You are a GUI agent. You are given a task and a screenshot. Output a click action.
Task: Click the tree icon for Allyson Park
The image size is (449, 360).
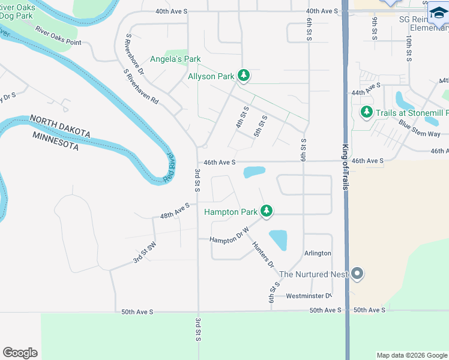pyautogui.click(x=243, y=76)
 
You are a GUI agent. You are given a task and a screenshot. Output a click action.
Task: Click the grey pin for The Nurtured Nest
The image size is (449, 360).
pyautogui.click(x=357, y=274)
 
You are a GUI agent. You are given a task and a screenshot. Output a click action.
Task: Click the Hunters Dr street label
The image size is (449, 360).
pyautogui.click(x=263, y=254)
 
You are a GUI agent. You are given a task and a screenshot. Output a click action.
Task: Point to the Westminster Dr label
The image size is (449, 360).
pyautogui.click(x=309, y=296)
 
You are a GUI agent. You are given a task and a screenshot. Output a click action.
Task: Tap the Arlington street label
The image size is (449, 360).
pyautogui.click(x=318, y=253)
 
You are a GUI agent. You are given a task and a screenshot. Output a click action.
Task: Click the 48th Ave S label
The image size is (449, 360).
pyautogui.click(x=175, y=210)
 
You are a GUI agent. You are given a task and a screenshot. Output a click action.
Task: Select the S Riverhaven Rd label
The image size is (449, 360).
pyautogui.click(x=140, y=87)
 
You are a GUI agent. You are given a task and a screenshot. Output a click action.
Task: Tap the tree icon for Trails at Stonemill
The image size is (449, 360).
pyautogui.click(x=366, y=112)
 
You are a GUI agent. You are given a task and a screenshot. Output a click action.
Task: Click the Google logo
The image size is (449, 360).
pyautogui.click(x=20, y=353)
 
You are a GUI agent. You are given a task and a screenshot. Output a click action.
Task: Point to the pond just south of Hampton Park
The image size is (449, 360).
pyautogui.click(x=279, y=240)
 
